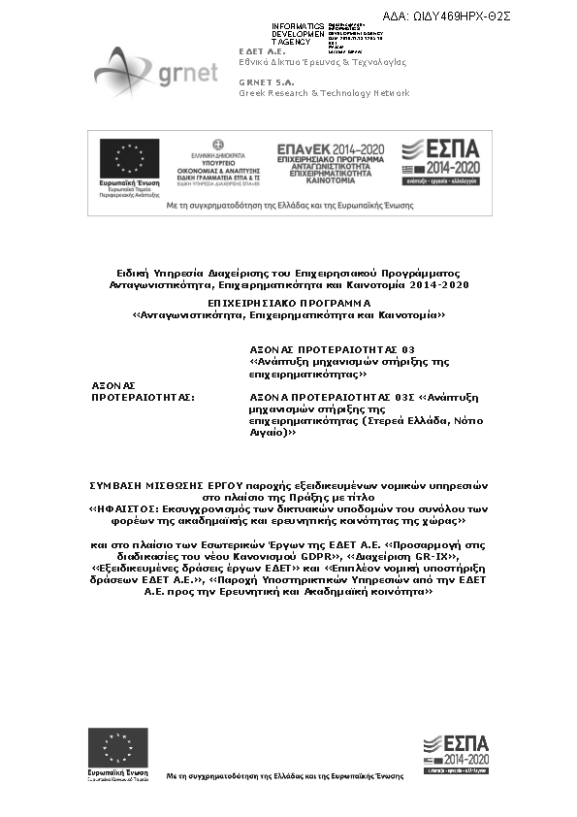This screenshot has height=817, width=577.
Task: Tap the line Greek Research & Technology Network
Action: tap(324, 93)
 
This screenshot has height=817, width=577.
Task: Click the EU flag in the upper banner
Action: tap(129, 159)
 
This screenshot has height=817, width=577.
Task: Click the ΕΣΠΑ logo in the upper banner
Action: tap(440, 160)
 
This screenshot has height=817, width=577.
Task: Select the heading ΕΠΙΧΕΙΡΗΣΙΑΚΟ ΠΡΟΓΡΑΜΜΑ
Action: tap(288, 304)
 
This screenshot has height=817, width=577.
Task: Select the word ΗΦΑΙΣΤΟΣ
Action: tap(124, 507)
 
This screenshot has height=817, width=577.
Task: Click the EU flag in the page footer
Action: tap(118, 747)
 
